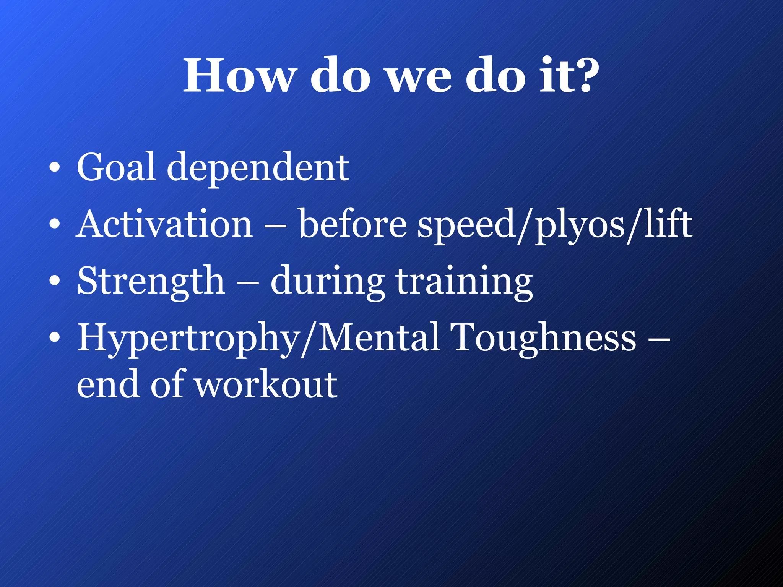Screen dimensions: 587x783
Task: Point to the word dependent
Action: (x=258, y=168)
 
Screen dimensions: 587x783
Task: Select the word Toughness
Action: (x=543, y=339)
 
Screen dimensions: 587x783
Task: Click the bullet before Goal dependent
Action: (x=55, y=168)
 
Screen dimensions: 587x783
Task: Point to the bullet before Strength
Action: (x=55, y=281)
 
